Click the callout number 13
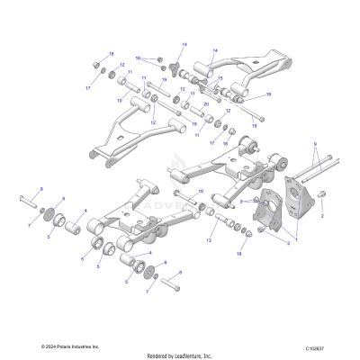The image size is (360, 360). point(208,241)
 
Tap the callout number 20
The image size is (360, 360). point(206,104)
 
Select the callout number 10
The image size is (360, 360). point(119,100)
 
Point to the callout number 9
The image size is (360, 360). point(315,143)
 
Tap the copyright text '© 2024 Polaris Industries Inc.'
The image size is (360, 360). point(71,346)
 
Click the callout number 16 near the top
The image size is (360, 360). point(138,57)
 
